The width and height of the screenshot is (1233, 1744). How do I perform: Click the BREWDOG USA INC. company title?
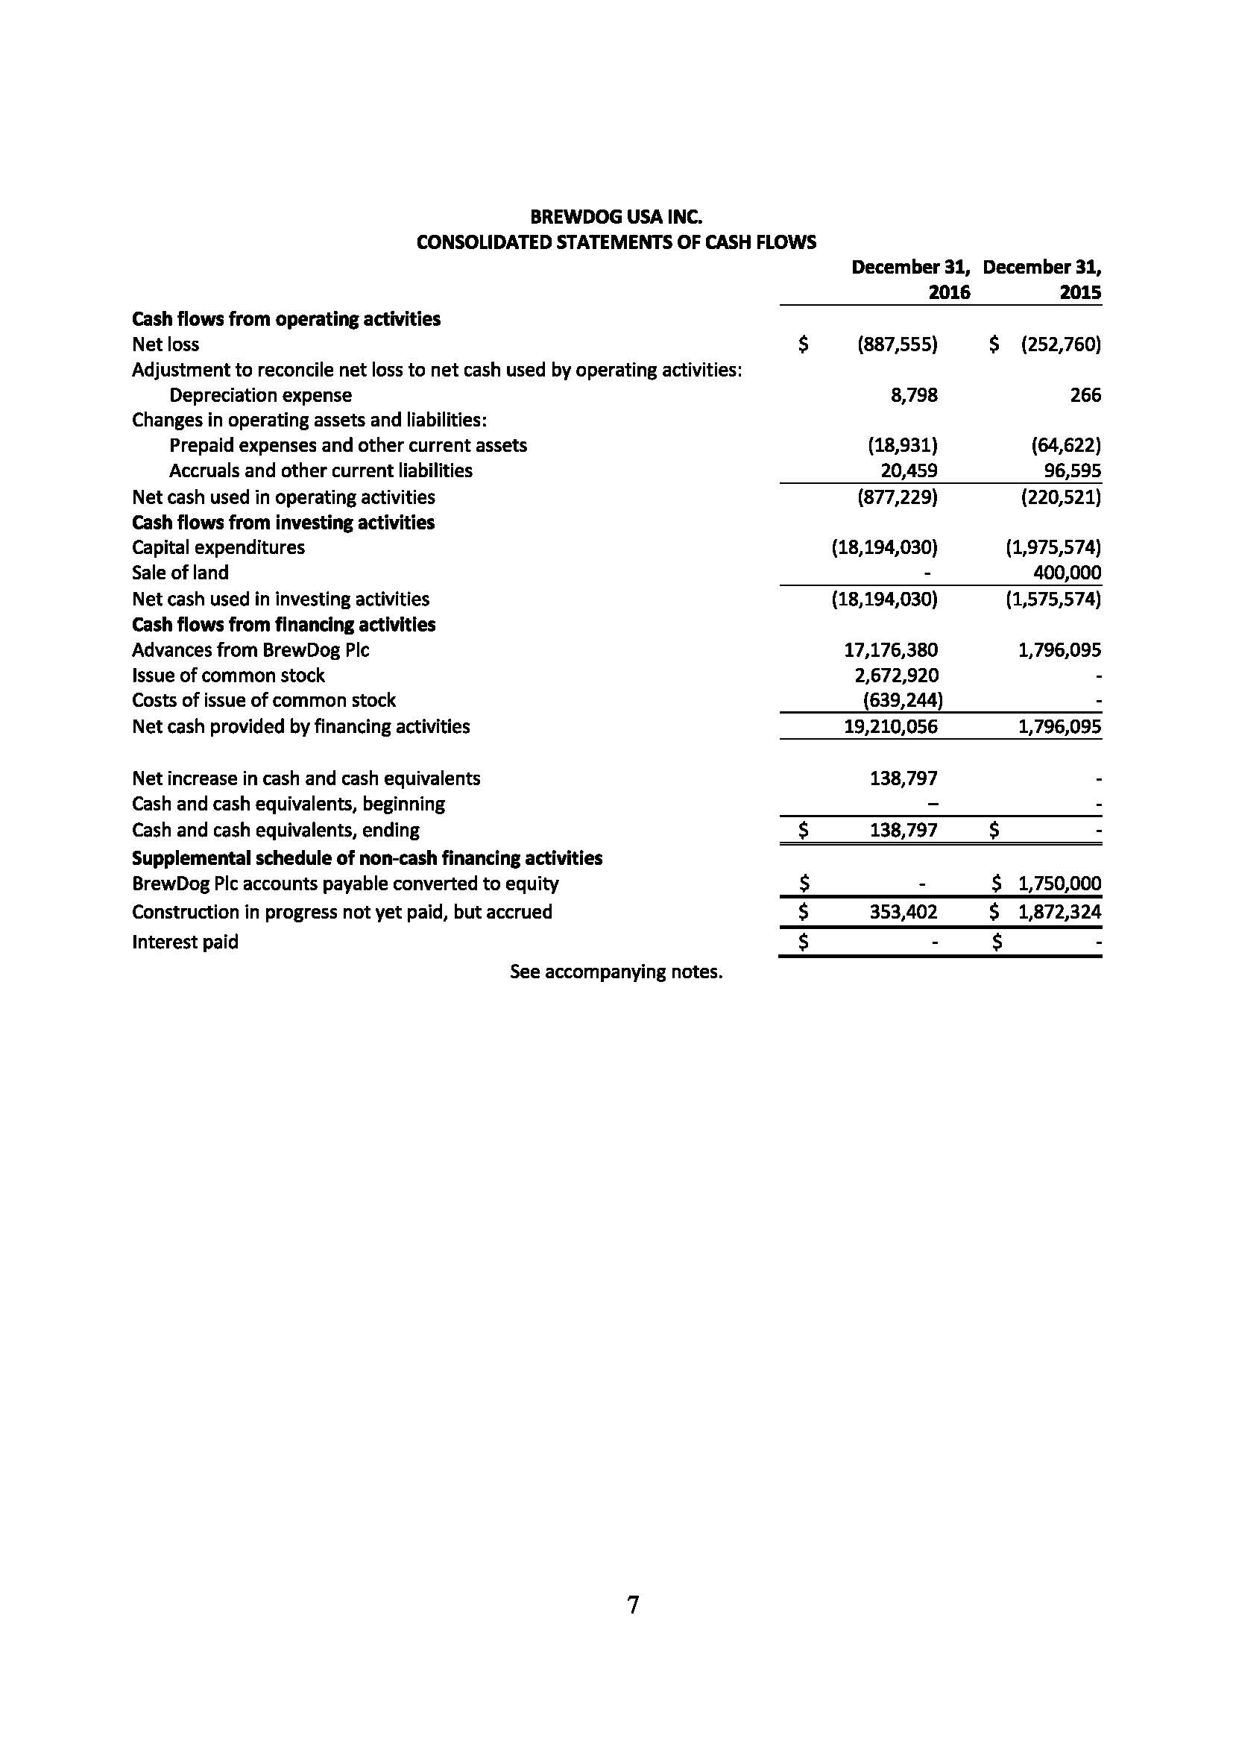[x=616, y=217]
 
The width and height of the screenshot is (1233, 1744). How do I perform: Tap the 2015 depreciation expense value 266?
[x=1085, y=395]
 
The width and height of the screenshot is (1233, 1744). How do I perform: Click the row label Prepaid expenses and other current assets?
[x=347, y=445]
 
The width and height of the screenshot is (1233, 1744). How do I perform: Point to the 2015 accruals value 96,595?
[x=1072, y=471]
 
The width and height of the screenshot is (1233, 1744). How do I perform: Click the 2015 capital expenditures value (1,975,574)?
[x=1053, y=548]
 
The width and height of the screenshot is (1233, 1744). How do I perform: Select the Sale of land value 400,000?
[x=1067, y=573]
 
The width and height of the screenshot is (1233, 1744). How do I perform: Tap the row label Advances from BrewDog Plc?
[x=250, y=650]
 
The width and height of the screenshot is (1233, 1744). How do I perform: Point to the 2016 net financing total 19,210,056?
[x=891, y=727]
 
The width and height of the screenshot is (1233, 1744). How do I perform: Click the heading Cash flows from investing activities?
[x=283, y=523]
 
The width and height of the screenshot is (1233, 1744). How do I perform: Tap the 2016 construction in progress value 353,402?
[x=903, y=912]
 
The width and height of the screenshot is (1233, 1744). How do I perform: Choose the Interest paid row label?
[x=186, y=942]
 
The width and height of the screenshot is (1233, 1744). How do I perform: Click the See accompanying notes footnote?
[x=616, y=972]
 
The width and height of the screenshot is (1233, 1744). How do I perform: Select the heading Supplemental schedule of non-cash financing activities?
[x=367, y=858]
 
